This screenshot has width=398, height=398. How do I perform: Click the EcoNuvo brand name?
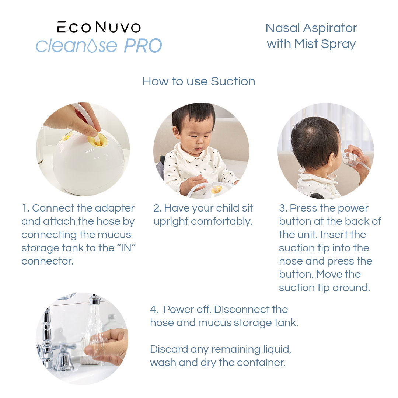(99, 28)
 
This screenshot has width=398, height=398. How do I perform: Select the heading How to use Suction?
(199, 81)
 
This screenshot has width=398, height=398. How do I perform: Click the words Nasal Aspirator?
(311, 28)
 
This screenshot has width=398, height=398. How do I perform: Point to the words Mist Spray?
(325, 44)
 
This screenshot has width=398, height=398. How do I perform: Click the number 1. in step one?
(25, 208)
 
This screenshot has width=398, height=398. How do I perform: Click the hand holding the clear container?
(109, 346)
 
